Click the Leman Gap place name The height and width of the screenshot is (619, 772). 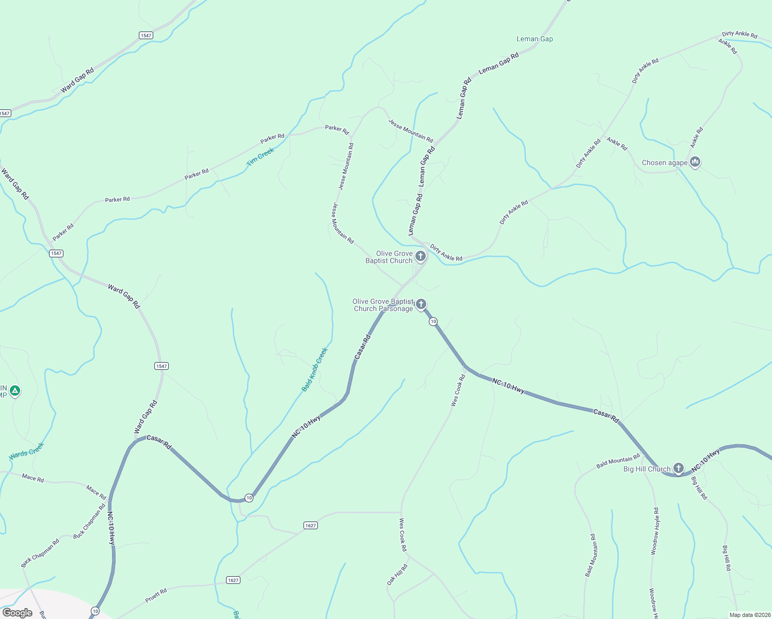coord(535,39)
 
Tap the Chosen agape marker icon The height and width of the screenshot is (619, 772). coord(695,162)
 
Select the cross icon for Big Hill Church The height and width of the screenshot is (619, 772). coord(679,468)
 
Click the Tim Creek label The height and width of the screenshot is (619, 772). coord(260,157)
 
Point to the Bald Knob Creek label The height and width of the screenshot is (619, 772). coord(315,369)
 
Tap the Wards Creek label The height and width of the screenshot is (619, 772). coord(26,451)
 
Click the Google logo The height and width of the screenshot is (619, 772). coord(17,613)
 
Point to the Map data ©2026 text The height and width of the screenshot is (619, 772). coord(749,615)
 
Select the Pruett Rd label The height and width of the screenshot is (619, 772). coord(156,595)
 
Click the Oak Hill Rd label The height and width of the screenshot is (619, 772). coord(397,574)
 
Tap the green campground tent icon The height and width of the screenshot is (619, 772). coord(15,391)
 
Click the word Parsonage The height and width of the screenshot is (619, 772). coord(396,309)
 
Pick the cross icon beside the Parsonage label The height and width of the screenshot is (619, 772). coord(421,304)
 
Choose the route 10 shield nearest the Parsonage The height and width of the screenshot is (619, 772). coord(433,321)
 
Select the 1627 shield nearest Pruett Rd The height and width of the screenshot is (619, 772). coord(233,580)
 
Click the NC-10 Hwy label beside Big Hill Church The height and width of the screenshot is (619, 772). coord(705,461)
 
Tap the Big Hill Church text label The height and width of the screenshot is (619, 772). coord(647,469)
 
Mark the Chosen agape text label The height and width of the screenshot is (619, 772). coord(664,163)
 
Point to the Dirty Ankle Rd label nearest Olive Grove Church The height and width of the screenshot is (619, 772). coord(446,253)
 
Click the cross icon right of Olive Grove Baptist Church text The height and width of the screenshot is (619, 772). coord(421,256)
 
